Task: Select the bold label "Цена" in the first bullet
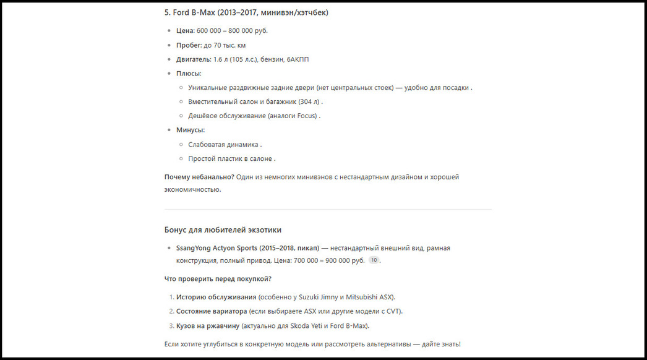click(x=185, y=30)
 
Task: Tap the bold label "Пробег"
click(x=189, y=45)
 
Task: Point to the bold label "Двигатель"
click(x=193, y=59)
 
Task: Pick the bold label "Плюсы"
click(x=188, y=74)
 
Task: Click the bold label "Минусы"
click(x=190, y=130)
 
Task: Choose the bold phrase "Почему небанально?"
click(x=199, y=177)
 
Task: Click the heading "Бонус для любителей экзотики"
click(x=223, y=230)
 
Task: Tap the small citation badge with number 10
click(x=374, y=260)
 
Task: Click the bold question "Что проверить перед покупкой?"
click(x=218, y=279)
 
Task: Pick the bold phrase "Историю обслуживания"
click(x=216, y=297)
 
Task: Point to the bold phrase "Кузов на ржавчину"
click(x=208, y=326)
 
